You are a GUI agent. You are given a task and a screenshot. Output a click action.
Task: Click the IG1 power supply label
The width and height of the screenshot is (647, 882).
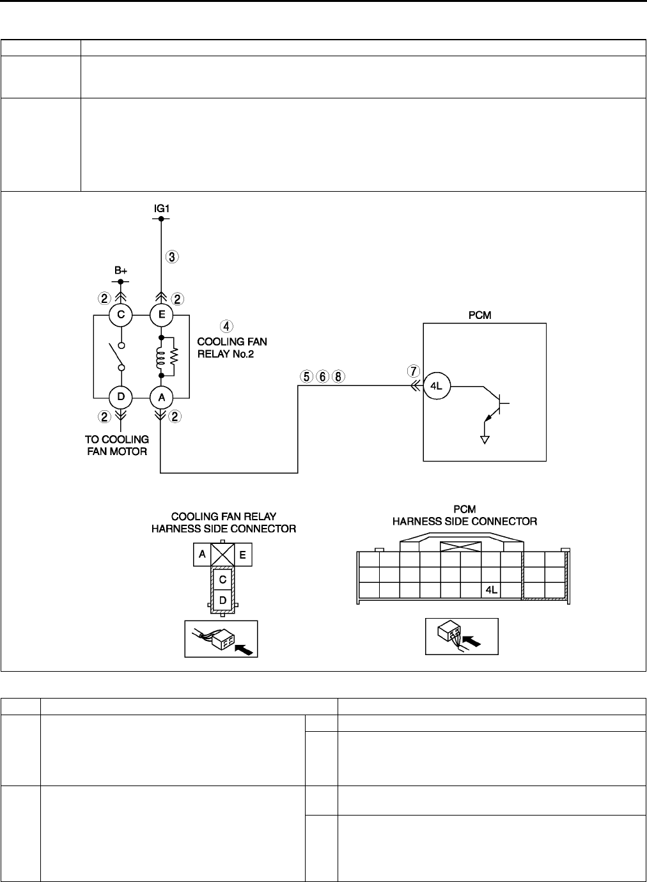(x=160, y=208)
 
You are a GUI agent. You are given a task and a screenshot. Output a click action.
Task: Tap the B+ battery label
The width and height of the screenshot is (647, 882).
(x=121, y=271)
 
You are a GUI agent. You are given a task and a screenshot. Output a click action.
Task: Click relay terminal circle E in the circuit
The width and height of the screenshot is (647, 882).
(x=160, y=314)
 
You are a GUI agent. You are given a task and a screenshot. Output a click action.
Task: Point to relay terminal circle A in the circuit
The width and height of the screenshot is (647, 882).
(x=160, y=397)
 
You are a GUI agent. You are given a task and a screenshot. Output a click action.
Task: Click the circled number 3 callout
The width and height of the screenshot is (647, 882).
(x=173, y=257)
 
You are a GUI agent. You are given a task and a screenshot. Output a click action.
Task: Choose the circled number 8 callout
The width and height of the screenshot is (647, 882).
(x=338, y=376)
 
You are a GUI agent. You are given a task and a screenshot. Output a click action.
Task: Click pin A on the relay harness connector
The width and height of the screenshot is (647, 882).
(x=202, y=555)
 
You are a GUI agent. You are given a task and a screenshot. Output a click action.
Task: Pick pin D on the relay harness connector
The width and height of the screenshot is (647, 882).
(x=222, y=600)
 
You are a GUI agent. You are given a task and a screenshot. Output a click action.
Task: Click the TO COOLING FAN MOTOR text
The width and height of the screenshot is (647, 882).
(x=117, y=445)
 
